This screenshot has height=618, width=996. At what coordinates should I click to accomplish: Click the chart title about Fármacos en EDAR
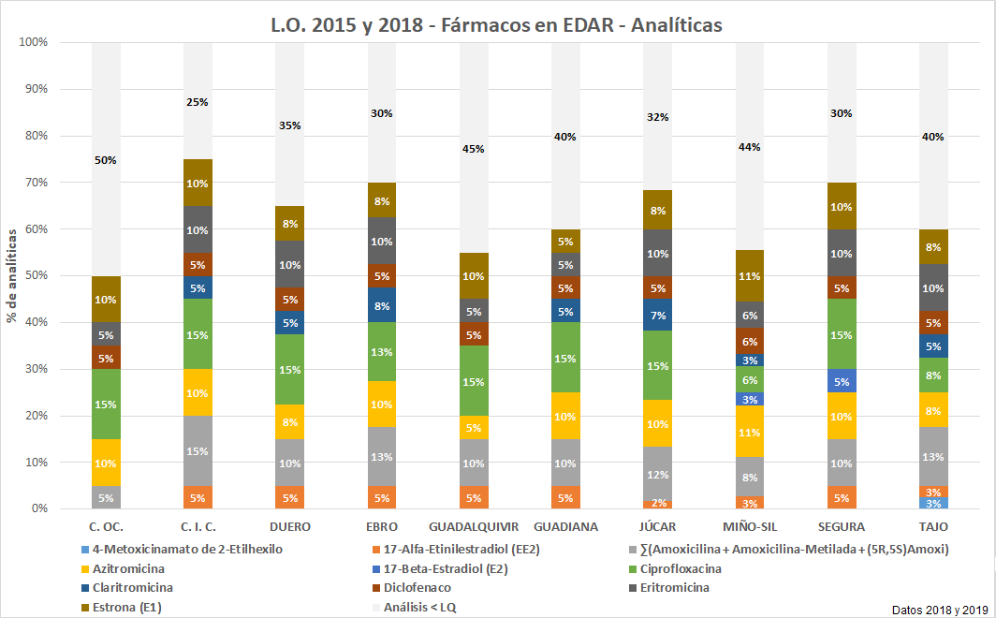496,25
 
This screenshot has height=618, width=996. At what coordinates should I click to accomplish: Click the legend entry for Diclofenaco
417,588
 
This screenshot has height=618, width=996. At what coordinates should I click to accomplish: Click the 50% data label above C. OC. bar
106,160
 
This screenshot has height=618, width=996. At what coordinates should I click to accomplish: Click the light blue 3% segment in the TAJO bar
933,504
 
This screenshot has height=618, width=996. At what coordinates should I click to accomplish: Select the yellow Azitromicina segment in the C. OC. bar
106,463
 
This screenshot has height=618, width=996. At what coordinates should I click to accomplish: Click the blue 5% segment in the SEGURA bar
841,381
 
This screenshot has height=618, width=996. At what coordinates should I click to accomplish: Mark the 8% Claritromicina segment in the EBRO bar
381,305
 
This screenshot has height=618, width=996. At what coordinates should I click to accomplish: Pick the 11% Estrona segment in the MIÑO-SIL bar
749,276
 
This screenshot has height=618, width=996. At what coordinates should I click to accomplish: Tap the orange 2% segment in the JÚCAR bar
657,504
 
